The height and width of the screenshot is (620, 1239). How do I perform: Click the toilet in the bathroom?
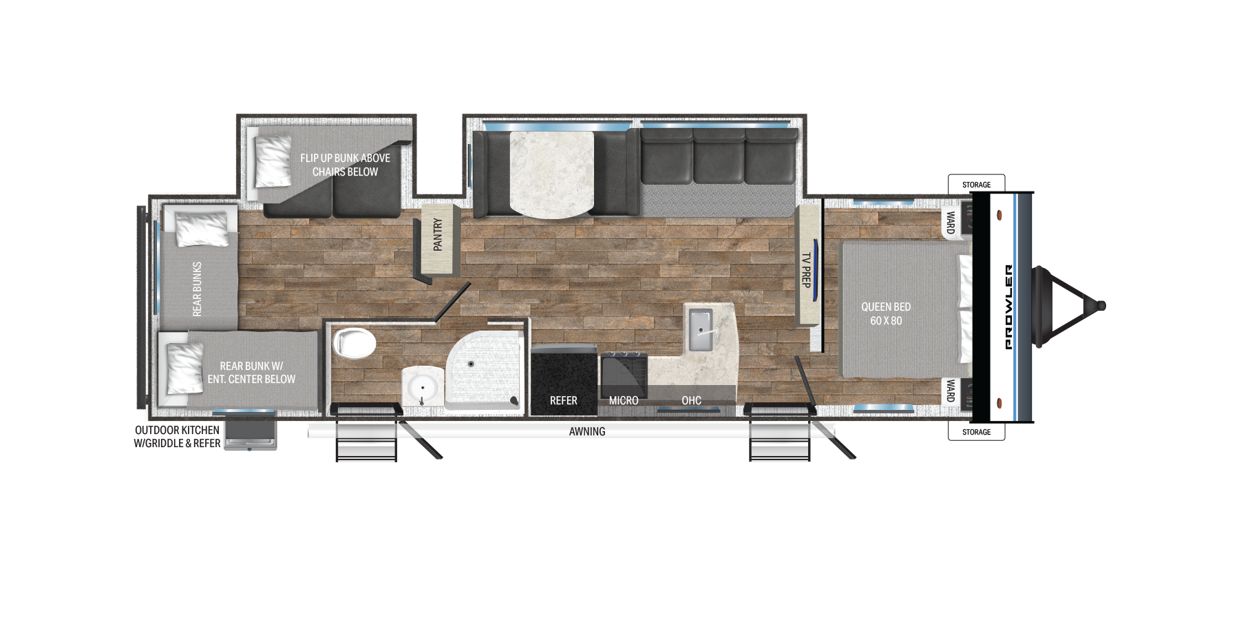pos(354,342)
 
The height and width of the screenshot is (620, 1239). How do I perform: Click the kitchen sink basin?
pos(701,329)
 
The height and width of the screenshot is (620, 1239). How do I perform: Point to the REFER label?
pos(563,400)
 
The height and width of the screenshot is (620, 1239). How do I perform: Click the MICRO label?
pos(624,400)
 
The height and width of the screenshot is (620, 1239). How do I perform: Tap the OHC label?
pos(691,400)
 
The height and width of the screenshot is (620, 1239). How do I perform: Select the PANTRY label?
pos(438,234)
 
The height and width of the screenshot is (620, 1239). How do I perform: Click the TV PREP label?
pos(806,270)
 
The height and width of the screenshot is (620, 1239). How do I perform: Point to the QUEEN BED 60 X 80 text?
pos(886,313)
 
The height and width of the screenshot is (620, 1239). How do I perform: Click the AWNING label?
pos(587,431)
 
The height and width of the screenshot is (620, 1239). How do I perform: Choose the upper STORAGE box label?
pos(976,185)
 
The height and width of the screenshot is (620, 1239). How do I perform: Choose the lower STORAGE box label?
pos(976,432)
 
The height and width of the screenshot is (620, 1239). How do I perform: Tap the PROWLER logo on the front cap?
pos(1008,307)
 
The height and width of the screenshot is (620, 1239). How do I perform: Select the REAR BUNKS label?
pos(198,289)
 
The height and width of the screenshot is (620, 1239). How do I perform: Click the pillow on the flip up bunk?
pos(273,160)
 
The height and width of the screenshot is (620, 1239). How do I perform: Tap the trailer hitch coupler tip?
pos(1101,305)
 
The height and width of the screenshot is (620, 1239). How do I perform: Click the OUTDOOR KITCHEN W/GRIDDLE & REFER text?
pos(177,437)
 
